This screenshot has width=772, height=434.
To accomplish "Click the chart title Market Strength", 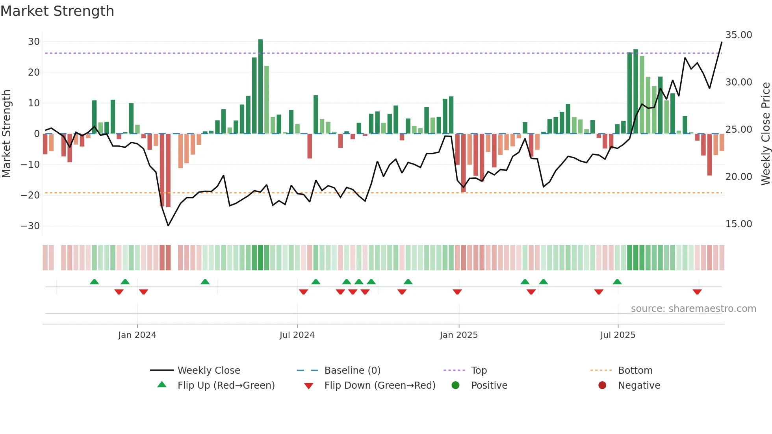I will (x=57, y=11).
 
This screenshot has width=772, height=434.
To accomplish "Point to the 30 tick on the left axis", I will (x=34, y=42).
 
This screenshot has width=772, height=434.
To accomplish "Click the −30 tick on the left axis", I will (x=30, y=226).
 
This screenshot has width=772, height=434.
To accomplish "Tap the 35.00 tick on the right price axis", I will (x=739, y=35).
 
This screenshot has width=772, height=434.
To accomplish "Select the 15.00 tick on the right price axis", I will (x=739, y=224).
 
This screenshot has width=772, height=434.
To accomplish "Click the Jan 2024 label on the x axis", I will (x=137, y=335).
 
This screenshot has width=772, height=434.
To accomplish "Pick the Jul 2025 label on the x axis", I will (x=618, y=335).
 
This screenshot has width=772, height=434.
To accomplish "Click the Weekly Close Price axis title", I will (x=765, y=134).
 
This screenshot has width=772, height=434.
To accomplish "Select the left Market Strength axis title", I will (x=6, y=134).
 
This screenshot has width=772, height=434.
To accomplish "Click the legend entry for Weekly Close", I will (x=208, y=371).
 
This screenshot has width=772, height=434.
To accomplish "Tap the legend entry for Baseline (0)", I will (x=352, y=371).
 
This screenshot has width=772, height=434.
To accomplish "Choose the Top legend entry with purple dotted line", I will (x=479, y=371).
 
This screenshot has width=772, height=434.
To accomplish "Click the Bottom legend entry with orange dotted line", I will (x=635, y=371).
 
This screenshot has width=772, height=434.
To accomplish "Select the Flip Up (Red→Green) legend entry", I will (x=226, y=386).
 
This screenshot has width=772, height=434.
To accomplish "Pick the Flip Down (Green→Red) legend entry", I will (x=380, y=386).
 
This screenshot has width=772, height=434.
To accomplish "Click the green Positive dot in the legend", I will (x=456, y=386).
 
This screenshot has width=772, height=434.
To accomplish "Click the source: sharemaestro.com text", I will (x=693, y=309).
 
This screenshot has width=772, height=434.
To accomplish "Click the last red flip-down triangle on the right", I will (x=697, y=292).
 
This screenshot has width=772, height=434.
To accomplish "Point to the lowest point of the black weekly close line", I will (x=168, y=226).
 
